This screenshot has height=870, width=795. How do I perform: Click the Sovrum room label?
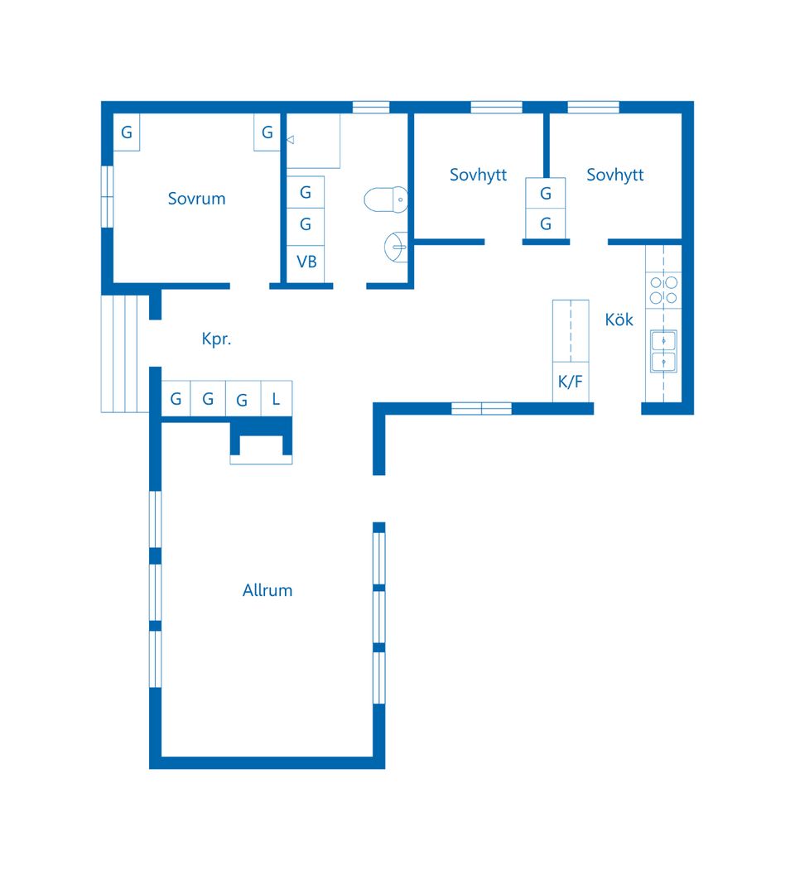(x=196, y=199)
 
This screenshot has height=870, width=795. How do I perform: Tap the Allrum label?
(x=267, y=590)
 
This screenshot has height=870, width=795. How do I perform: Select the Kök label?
(x=619, y=319)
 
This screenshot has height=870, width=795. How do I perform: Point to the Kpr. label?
(x=216, y=339)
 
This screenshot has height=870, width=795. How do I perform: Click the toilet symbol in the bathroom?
(x=386, y=199)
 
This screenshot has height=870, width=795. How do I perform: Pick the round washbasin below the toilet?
(x=396, y=247)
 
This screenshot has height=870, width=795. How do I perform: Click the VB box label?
(x=306, y=262)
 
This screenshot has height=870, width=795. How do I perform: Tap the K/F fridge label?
(x=570, y=382)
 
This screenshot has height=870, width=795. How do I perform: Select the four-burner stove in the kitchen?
(x=663, y=291)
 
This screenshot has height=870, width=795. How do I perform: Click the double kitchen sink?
(x=663, y=351)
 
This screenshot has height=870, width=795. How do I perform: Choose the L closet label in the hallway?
(x=276, y=399)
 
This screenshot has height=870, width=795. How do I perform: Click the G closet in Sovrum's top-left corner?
(x=127, y=132)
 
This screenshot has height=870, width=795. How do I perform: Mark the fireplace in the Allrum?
(x=261, y=442)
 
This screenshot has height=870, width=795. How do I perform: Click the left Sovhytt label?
(x=478, y=175)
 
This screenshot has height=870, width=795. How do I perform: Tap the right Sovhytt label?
(x=615, y=175)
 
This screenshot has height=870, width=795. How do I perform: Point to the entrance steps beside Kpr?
(x=125, y=354)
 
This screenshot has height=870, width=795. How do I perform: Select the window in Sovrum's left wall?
(x=107, y=196)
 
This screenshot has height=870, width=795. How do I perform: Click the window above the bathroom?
(x=371, y=107)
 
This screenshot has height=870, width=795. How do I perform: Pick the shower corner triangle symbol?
(x=291, y=140)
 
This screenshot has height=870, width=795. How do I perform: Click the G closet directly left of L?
(x=243, y=398)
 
